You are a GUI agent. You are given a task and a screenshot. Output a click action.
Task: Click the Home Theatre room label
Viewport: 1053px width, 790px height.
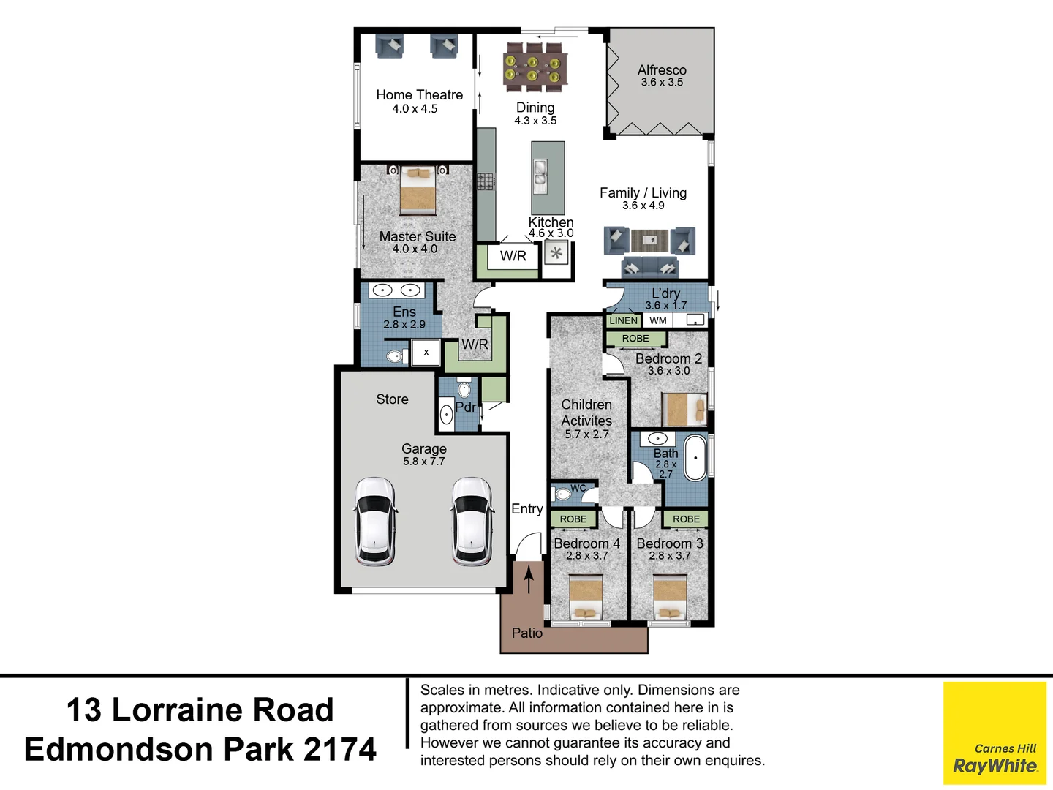pyautogui.click(x=419, y=95)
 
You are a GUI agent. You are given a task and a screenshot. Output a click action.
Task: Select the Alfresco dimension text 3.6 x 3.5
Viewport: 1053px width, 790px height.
pyautogui.click(x=662, y=83)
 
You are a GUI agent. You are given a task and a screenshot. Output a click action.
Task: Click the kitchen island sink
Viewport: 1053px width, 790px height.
pyautogui.click(x=540, y=175)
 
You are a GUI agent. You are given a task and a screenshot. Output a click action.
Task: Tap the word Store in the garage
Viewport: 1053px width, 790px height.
pyautogui.click(x=392, y=399)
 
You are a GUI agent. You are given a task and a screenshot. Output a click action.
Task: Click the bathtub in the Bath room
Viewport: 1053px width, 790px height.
pyautogui.click(x=695, y=458)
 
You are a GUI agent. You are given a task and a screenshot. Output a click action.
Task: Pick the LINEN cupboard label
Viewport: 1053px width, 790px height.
pyautogui.click(x=623, y=320)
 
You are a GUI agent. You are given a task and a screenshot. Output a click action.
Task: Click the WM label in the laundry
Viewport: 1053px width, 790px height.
pyautogui.click(x=658, y=320)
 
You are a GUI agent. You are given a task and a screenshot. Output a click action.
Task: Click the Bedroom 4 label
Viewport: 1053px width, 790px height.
pyautogui.click(x=586, y=543)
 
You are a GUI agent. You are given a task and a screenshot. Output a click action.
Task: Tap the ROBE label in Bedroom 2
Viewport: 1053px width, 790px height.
pyautogui.click(x=635, y=339)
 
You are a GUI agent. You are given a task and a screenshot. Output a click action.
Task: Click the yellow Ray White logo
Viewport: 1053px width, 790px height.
pyautogui.click(x=994, y=733)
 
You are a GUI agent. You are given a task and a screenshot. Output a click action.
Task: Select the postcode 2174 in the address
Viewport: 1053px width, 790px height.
pyautogui.click(x=339, y=750)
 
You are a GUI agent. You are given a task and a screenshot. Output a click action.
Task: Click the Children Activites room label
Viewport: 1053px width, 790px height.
pyautogui.click(x=586, y=413)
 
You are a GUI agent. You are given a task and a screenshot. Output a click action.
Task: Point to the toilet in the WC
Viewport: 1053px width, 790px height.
pyautogui.click(x=562, y=494)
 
